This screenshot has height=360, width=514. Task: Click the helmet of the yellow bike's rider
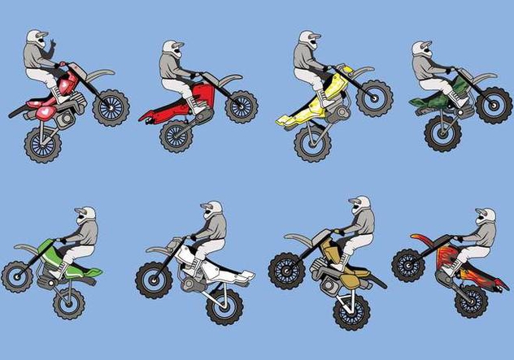click(x=307, y=41)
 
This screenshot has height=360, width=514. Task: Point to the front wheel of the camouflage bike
click(x=493, y=106)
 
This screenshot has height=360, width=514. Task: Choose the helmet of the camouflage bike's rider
click(x=422, y=49)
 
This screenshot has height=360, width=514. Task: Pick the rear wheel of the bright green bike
click(x=69, y=302)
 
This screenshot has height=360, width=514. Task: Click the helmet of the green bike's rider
click(x=85, y=216)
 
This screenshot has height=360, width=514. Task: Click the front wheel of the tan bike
click(x=287, y=270)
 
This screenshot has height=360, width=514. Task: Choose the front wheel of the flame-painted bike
click(x=408, y=265)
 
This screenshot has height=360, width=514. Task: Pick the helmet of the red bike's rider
click(x=172, y=49)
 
